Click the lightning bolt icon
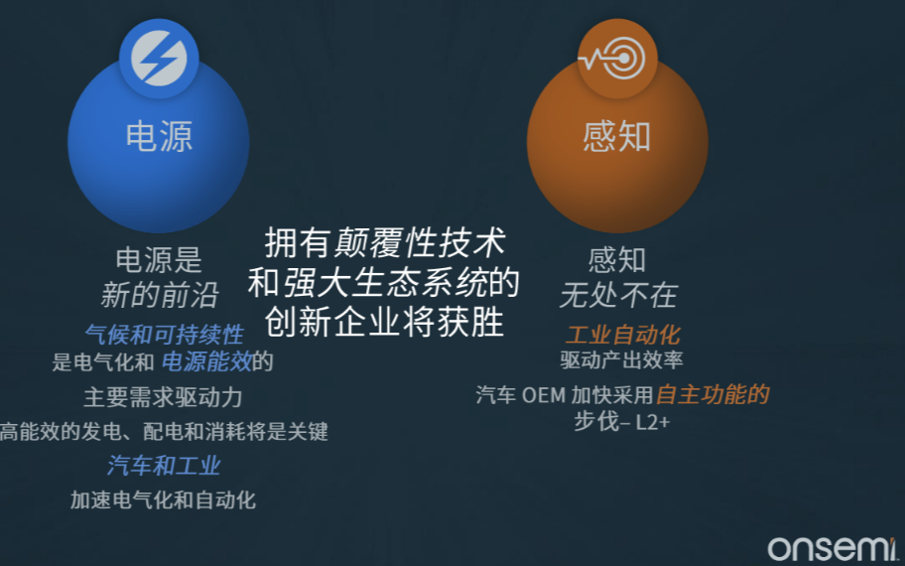pyautogui.click(x=159, y=59)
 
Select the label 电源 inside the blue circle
pyautogui.click(x=159, y=137)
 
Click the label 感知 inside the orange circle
pyautogui.click(x=617, y=137)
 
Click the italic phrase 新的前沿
pyautogui.click(x=160, y=295)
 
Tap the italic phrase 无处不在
pyautogui.click(x=618, y=295)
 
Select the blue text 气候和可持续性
pyautogui.click(x=165, y=335)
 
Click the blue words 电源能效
pyautogui.click(x=206, y=362)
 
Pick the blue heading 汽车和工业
pyautogui.click(x=164, y=466)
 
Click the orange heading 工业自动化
pyautogui.click(x=623, y=335)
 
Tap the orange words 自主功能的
pyautogui.click(x=713, y=395)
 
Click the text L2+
pyautogui.click(x=653, y=423)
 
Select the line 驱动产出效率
pyautogui.click(x=621, y=360)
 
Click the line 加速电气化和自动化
pyautogui.click(x=164, y=500)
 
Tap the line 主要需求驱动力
pyautogui.click(x=164, y=397)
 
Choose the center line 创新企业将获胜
pyautogui.click(x=384, y=322)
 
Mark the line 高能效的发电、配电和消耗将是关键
pyautogui.click(x=164, y=431)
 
